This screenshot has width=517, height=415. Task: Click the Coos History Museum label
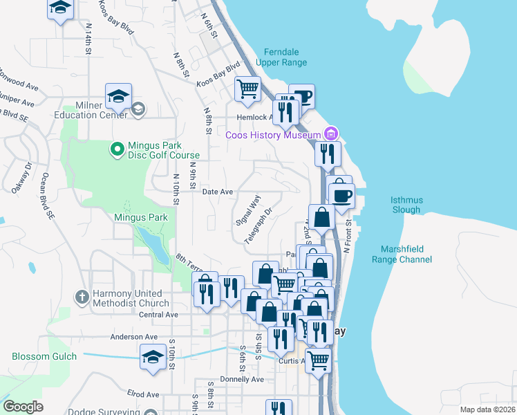pos(273,134)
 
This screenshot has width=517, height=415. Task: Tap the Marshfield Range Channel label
pos(406,254)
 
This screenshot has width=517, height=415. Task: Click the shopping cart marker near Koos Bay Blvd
pos(247,89)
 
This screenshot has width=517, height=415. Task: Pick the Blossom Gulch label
pos(39,357)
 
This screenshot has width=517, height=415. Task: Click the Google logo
pos(23,407)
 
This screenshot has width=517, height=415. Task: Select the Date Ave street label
pos(217,192)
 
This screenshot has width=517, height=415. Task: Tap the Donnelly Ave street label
pos(242,379)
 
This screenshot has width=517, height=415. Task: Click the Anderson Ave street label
pos(135,337)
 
